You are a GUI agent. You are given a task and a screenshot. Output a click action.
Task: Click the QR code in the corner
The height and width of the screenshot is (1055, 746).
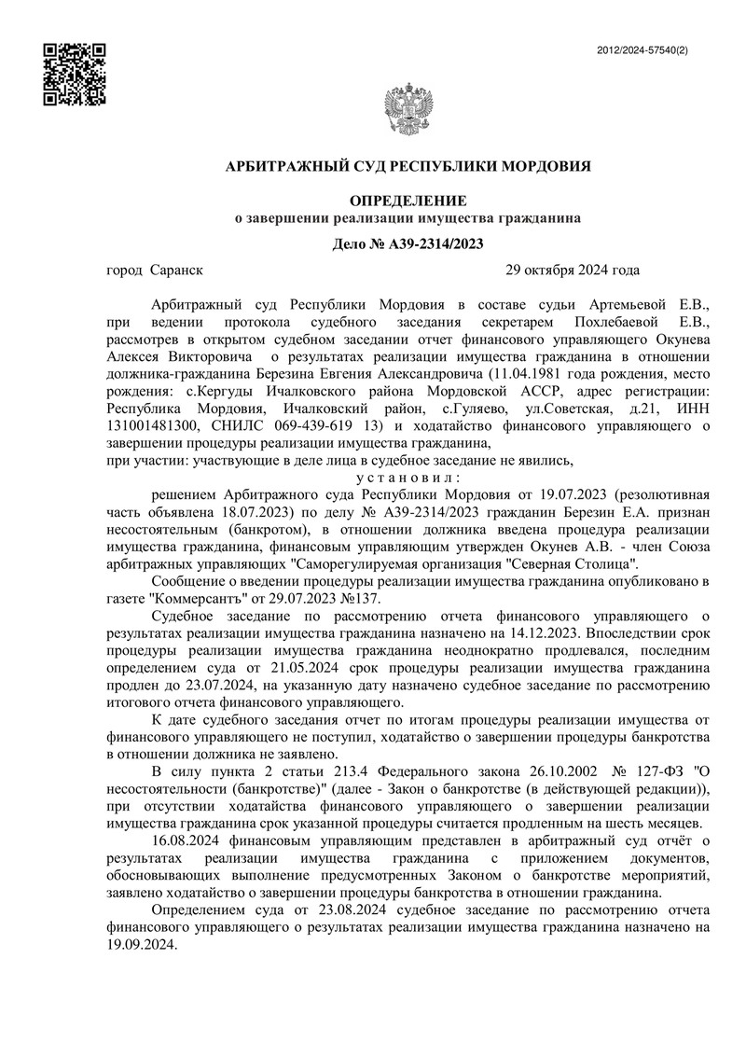(x=75, y=74)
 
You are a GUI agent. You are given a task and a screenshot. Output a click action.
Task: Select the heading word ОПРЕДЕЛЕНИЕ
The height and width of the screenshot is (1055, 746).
(x=407, y=201)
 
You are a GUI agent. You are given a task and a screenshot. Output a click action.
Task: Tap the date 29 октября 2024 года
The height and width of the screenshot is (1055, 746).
(x=572, y=271)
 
